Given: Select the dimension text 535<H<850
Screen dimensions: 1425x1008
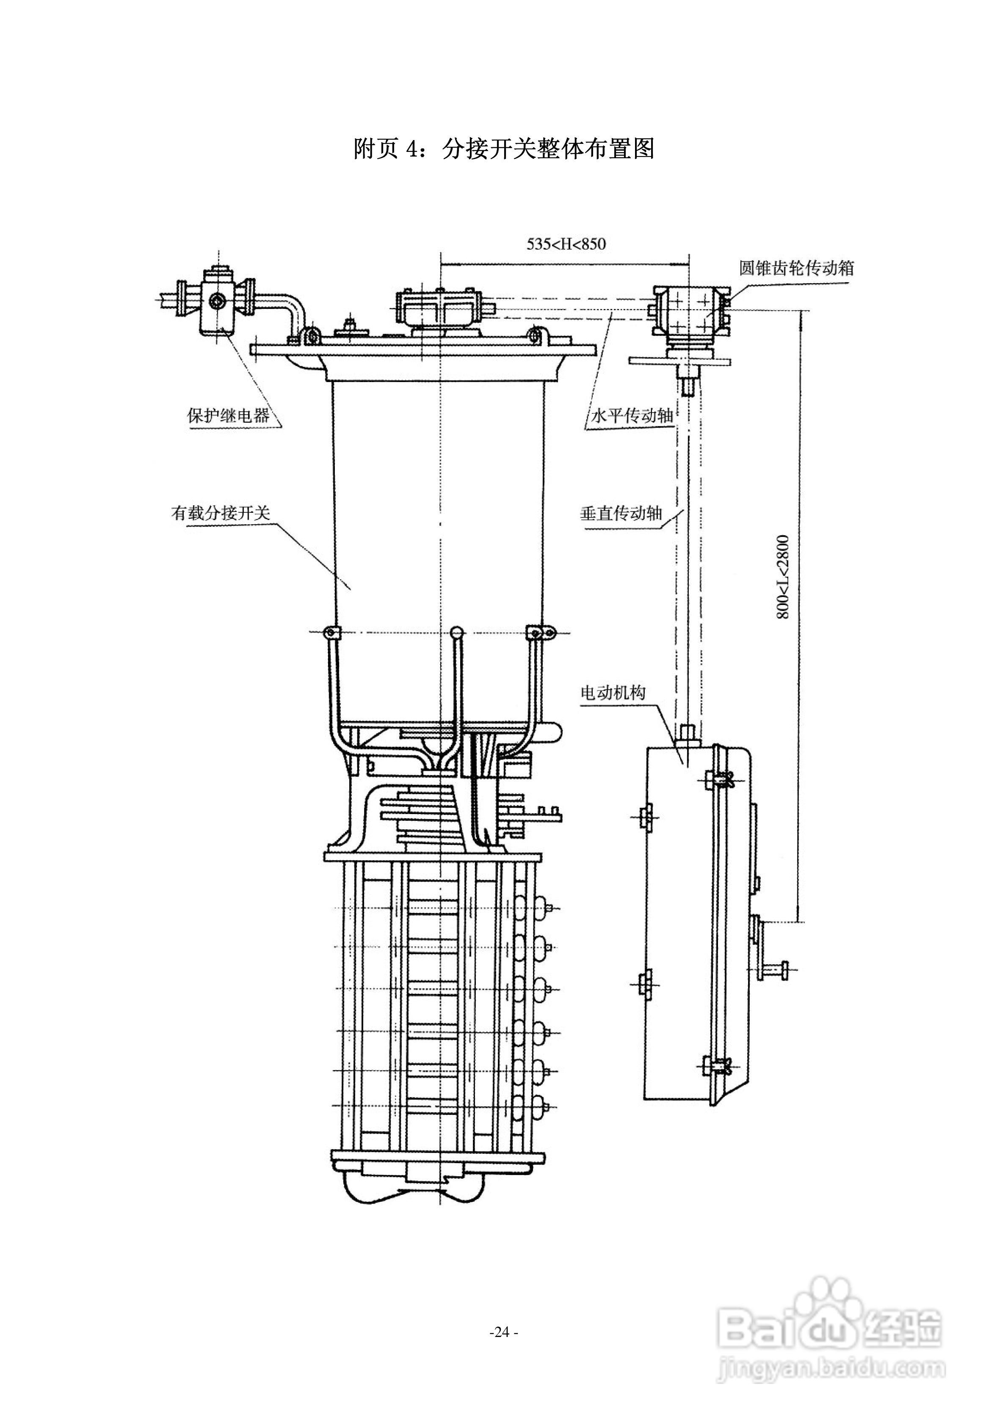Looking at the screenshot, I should [566, 244].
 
